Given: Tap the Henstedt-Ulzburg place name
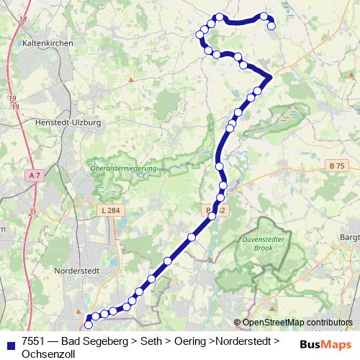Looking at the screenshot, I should pyautogui.click(x=68, y=122).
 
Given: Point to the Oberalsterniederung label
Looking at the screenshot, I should pyautogui.click(x=124, y=169).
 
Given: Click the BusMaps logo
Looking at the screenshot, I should pyautogui.click(x=325, y=343).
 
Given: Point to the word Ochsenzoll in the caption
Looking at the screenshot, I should pyautogui.click(x=48, y=353).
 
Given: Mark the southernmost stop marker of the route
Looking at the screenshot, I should pyautogui.click(x=89, y=325).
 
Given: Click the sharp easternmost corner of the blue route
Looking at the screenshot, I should pyautogui.click(x=271, y=76).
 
